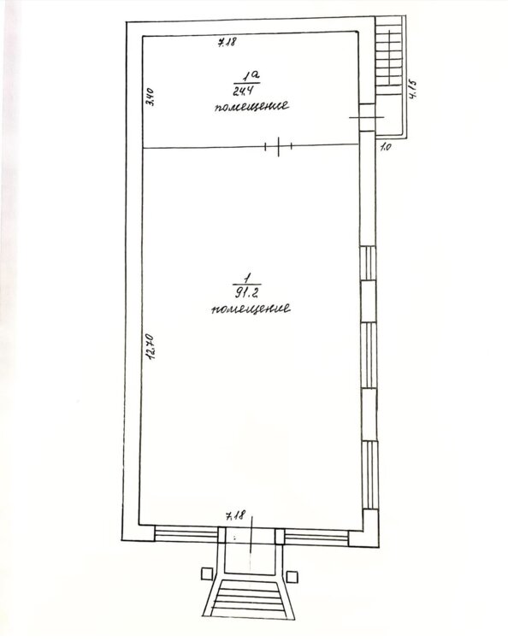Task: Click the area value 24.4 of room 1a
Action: (x=241, y=91)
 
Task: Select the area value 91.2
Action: (x=246, y=292)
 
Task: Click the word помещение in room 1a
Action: (x=251, y=106)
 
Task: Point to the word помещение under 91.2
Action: (x=251, y=309)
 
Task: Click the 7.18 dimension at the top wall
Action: (x=227, y=41)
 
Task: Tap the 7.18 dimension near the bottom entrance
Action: (x=235, y=516)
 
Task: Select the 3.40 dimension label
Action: (x=151, y=97)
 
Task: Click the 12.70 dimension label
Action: (x=151, y=347)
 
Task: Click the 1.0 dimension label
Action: (x=386, y=146)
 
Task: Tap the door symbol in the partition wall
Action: (x=278, y=146)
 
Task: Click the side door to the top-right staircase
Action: (x=367, y=117)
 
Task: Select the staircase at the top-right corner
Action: (x=388, y=56)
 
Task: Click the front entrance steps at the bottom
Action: (x=249, y=597)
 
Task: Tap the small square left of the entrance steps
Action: (x=207, y=573)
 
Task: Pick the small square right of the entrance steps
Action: (x=292, y=577)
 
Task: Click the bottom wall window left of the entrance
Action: (x=186, y=534)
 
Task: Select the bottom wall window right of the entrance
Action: (x=316, y=538)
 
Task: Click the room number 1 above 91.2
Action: (x=246, y=279)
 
